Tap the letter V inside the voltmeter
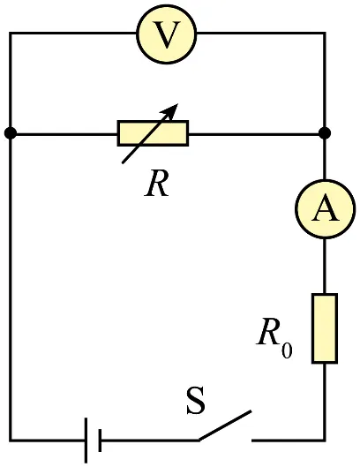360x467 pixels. pyautogui.click(x=167, y=35)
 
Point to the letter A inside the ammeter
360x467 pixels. pyautogui.click(x=326, y=207)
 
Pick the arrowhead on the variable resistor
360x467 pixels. pyautogui.click(x=170, y=111)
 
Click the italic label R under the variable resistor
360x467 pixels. pyautogui.click(x=157, y=183)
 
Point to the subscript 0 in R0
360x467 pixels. pyautogui.click(x=287, y=350)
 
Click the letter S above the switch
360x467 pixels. pyautogui.click(x=196, y=400)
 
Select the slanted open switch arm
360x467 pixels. pyautogui.click(x=225, y=426)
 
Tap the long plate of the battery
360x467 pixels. pyautogui.click(x=86, y=441)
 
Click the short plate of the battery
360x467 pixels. pyautogui.click(x=100, y=441)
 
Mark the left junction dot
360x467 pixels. pyautogui.click(x=11, y=133)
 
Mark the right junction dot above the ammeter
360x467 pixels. pyautogui.click(x=325, y=132)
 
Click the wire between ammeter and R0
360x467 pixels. pyautogui.click(x=325, y=267)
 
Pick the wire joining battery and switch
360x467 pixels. pyautogui.click(x=150, y=440)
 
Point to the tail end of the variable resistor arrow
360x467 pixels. pyautogui.click(x=123, y=162)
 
